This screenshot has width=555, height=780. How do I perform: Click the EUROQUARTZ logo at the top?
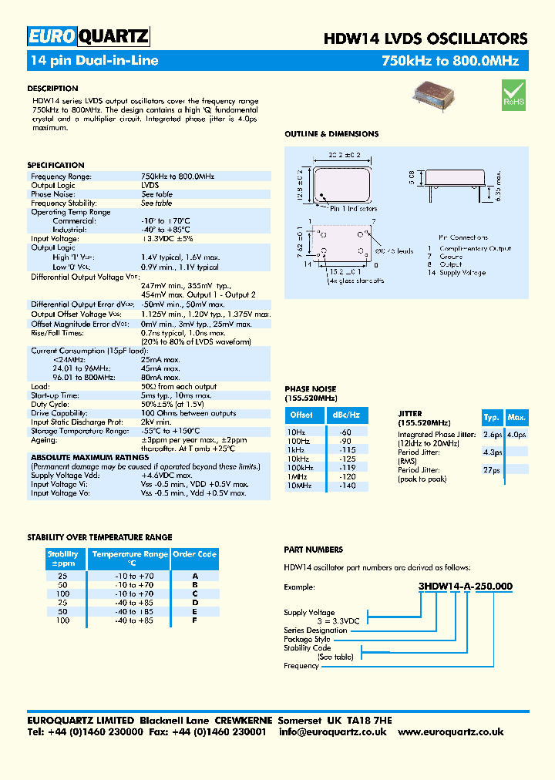88,37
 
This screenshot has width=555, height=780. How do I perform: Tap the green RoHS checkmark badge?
513,93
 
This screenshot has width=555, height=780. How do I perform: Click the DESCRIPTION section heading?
52,89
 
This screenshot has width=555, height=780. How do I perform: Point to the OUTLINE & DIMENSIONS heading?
331,134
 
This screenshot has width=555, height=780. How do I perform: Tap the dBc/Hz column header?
345,415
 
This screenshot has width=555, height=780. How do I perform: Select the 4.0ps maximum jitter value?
516,435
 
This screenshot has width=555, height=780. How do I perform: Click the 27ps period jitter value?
492,469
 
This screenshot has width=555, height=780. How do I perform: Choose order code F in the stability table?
195,620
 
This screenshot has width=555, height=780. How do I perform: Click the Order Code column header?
195,554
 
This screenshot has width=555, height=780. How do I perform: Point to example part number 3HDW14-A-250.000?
465,587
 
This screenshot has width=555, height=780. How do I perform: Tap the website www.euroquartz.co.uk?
450,731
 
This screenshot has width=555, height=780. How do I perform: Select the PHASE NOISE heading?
310,389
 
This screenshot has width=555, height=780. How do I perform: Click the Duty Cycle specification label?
50,404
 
